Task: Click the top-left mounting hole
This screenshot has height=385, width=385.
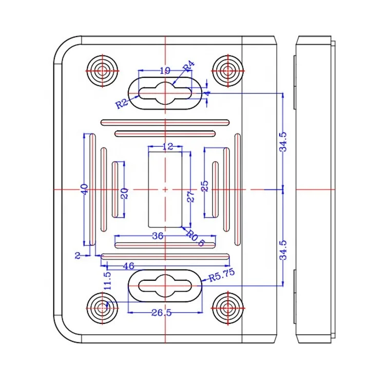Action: [103, 70]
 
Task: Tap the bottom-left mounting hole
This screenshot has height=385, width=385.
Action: [103, 308]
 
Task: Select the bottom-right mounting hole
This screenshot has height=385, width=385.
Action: [227, 308]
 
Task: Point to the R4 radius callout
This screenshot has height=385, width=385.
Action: [188, 66]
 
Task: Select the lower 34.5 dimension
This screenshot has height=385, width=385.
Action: [283, 249]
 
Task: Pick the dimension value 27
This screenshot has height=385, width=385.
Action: [190, 197]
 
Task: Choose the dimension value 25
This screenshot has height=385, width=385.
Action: [205, 186]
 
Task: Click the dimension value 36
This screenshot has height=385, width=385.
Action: [158, 236]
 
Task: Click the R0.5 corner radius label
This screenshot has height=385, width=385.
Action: [196, 239]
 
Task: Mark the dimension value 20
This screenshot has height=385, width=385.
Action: [124, 193]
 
